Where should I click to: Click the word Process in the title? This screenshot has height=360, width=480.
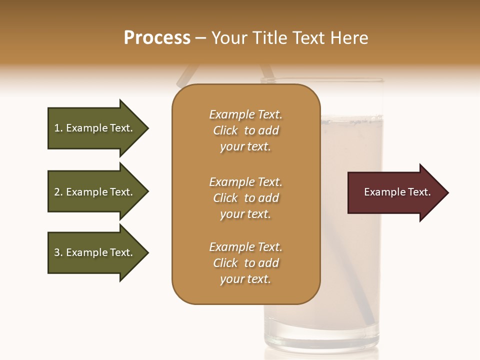(x=157, y=38)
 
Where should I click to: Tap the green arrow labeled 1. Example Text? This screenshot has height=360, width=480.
(x=95, y=128)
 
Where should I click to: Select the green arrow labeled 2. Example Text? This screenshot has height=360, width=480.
(x=95, y=192)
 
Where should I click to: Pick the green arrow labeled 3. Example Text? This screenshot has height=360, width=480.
(x=95, y=252)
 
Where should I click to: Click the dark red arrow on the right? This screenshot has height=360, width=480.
(x=395, y=192)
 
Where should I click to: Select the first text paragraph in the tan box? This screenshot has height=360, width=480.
(x=245, y=130)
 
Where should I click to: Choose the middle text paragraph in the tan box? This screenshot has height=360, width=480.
(x=245, y=198)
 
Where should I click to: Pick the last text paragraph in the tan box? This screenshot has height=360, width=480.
(x=245, y=263)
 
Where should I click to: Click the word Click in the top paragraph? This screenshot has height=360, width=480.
(x=225, y=130)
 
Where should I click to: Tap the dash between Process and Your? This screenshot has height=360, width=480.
(x=200, y=38)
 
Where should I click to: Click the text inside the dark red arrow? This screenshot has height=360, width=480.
(x=397, y=192)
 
